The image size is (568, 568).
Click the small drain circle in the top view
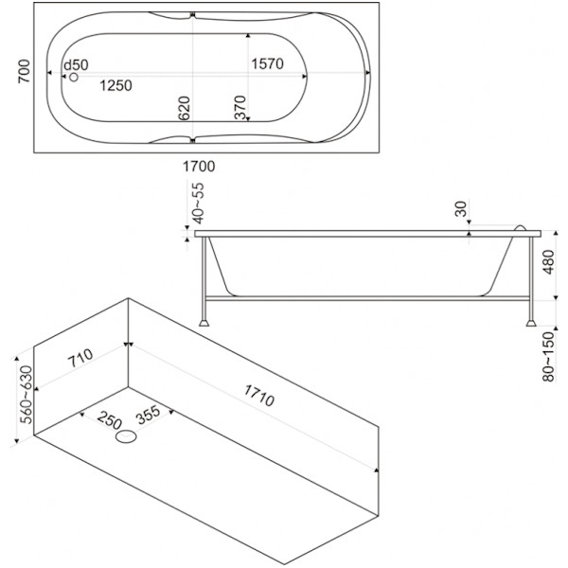[x=73, y=77]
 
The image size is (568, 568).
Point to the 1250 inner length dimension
[x=115, y=85]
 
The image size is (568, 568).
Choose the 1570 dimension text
[x=270, y=64]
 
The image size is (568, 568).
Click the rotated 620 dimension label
[x=186, y=108]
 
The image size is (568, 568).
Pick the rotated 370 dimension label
[x=240, y=108]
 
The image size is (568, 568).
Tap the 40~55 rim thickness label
[x=196, y=204]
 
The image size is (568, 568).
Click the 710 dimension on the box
[x=79, y=358]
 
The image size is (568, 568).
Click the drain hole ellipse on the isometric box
[x=126, y=438]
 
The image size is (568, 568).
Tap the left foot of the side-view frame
[x=204, y=319]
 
